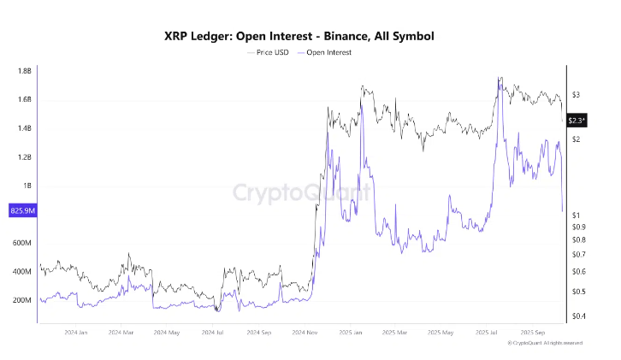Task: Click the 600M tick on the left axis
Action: (21, 243)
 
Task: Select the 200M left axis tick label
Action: (21, 300)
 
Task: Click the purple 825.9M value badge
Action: (22, 210)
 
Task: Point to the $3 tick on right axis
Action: (576, 95)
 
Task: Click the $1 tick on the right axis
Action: (576, 215)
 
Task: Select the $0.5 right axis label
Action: (578, 292)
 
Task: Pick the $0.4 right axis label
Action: (578, 316)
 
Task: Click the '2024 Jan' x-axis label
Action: (76, 332)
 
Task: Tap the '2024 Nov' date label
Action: (305, 332)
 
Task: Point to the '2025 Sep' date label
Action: (535, 332)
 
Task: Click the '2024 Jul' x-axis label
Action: (214, 332)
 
